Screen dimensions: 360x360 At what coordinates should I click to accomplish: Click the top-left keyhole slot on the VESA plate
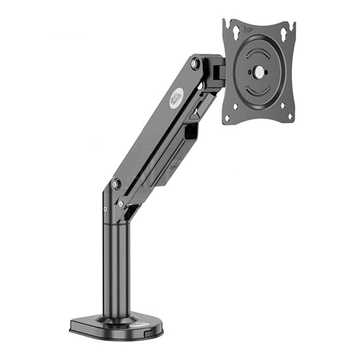[x=236, y=32]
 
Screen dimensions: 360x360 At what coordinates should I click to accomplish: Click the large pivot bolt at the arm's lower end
[x=116, y=184]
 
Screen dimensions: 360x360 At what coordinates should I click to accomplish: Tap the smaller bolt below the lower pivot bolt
[x=121, y=203]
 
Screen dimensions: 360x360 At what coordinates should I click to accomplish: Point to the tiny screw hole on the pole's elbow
[x=106, y=209]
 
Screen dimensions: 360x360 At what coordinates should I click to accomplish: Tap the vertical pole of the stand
[x=117, y=270]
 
